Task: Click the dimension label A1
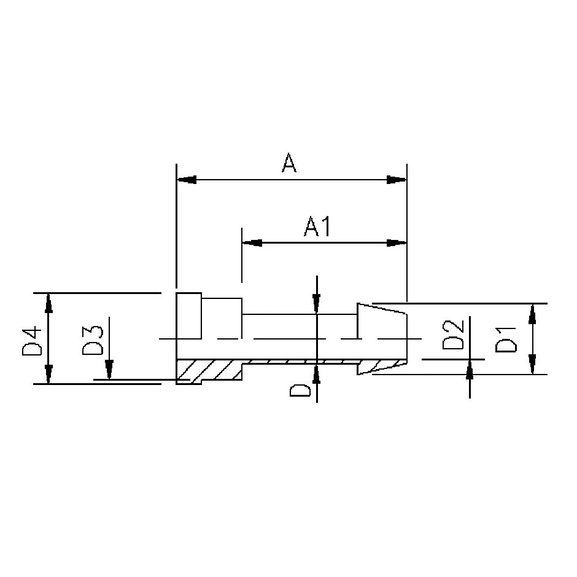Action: point(318,227)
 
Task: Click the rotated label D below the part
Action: point(297,388)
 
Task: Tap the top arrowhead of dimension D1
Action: point(533,311)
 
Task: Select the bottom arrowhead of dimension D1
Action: point(533,365)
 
